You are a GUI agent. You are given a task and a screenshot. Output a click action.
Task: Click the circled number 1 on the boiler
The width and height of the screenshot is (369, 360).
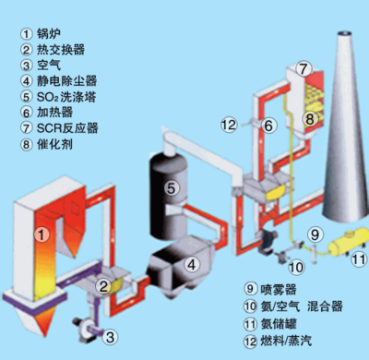click(x=40, y=234)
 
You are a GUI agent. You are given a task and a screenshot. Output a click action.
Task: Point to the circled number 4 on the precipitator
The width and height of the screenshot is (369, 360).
click(x=192, y=265)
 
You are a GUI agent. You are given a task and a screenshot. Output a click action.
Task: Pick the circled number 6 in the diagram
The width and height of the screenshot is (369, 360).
click(x=268, y=125)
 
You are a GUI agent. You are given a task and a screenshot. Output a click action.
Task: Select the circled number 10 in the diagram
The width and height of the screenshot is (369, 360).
click(x=296, y=268)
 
